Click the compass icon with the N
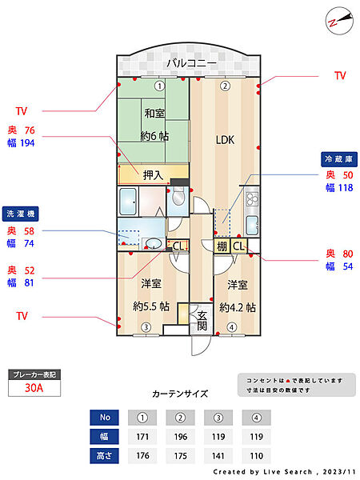click(339, 21)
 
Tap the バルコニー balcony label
click(191, 63)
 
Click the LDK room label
click(225, 140)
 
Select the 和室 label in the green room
click(154, 114)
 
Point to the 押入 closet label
click(153, 175)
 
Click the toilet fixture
click(178, 197)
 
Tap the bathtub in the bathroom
click(128, 202)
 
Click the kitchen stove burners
click(252, 198)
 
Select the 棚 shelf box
click(222, 246)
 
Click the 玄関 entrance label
click(202, 321)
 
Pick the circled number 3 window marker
click(146, 327)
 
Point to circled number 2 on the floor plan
click(225, 86)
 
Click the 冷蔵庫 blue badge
click(339, 159)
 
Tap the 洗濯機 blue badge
click(21, 214)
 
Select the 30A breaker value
click(34, 388)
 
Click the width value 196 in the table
click(181, 437)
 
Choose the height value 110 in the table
click(256, 456)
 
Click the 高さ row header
click(104, 456)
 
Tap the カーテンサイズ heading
click(180, 394)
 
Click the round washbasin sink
click(154, 244)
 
